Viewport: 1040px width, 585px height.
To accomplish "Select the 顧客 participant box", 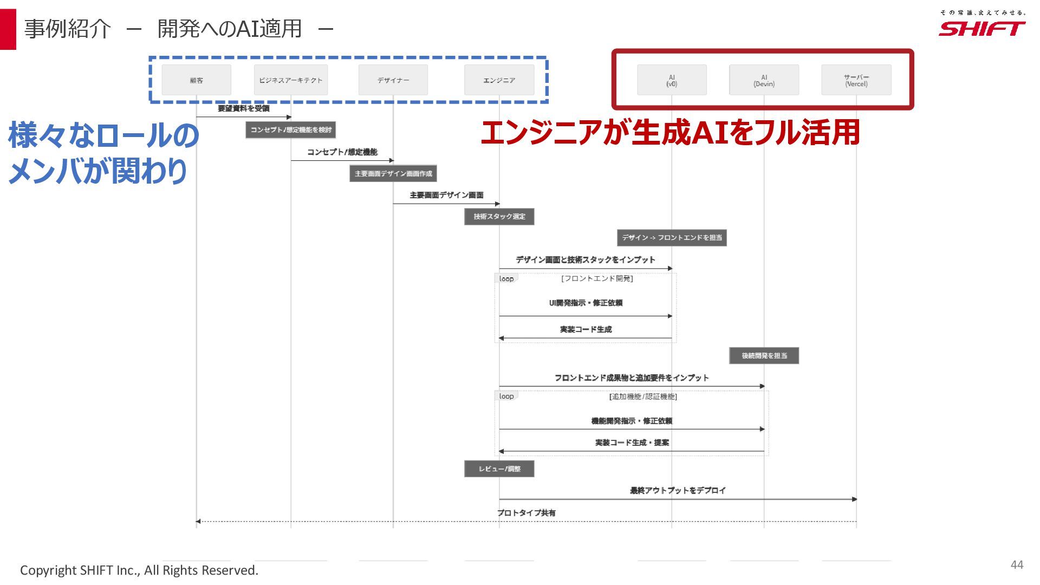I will tap(196, 80).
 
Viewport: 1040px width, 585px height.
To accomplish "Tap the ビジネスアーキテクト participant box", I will tap(291, 80).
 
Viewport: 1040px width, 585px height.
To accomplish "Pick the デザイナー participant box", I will tap(393, 80).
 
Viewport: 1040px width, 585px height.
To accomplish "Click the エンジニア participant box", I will tap(499, 80).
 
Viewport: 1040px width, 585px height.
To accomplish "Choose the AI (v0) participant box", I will tap(672, 80).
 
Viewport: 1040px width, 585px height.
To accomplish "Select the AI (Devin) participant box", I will tap(764, 80).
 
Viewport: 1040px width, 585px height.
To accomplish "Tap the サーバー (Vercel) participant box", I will tap(856, 80).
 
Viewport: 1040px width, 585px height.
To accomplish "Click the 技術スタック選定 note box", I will tap(499, 217).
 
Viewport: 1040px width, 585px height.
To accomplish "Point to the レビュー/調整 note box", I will tap(499, 469).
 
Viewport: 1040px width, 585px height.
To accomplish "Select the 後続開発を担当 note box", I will tap(764, 356).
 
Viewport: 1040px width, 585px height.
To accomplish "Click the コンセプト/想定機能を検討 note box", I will tap(291, 130).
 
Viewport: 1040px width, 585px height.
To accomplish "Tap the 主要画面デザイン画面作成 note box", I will tap(393, 173).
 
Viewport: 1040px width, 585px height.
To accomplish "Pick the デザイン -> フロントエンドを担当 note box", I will tap(672, 238).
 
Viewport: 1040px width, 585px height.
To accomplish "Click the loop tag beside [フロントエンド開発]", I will tap(506, 279).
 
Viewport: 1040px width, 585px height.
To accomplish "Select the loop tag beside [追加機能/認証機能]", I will tap(506, 396).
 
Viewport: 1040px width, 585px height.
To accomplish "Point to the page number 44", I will tap(1017, 565).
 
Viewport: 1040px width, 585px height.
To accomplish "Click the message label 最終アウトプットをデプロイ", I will tap(678, 491).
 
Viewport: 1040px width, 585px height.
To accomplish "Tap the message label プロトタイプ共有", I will tap(526, 513).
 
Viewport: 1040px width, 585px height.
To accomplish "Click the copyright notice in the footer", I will tap(139, 570).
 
